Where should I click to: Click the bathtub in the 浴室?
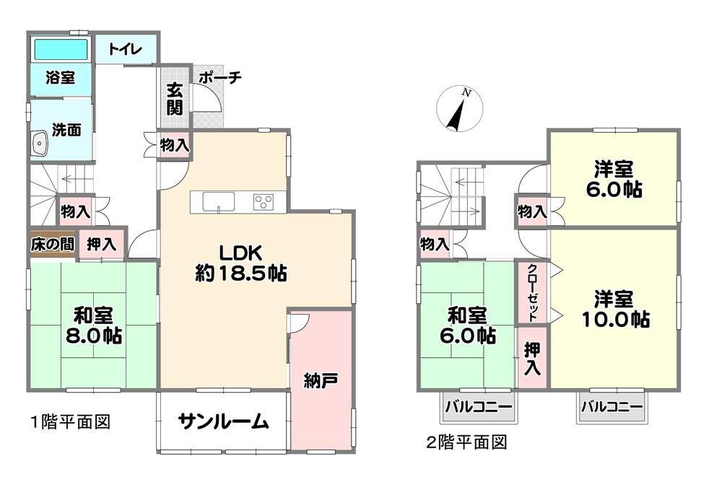coord(61,49)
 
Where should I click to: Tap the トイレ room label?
coord(125,49)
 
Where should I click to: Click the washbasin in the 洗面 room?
coord(40,143)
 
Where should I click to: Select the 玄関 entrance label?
coord(175,98)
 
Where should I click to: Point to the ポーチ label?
coord(219,77)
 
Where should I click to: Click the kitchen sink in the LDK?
coord(219,201)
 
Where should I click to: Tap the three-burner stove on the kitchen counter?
coord(264,202)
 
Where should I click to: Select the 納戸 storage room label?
coord(321,380)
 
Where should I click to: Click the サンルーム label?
coord(223,421)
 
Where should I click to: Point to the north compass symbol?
coord(459,110)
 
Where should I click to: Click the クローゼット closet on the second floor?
coord(532,292)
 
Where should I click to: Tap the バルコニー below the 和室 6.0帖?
coord(478,407)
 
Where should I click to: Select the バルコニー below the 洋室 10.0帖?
coord(612,407)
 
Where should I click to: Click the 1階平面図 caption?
coord(71,421)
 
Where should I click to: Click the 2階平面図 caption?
coord(466,442)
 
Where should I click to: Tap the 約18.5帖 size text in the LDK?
coord(241,274)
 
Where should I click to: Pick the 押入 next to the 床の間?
coord(101,244)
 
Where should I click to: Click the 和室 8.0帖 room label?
coord(93,325)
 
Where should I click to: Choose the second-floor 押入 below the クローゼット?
coord(532,357)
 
